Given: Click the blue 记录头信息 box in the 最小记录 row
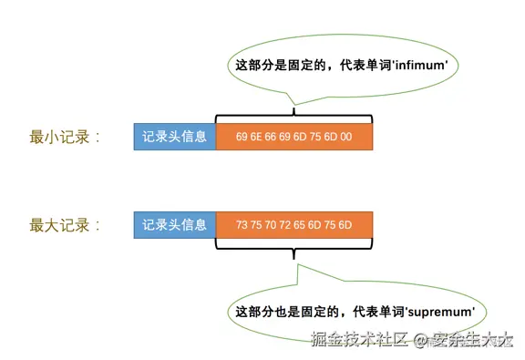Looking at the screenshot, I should (175, 138).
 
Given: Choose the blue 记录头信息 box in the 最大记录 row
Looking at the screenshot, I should (175, 223).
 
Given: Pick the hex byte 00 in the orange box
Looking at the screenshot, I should (345, 138).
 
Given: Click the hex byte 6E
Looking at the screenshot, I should (257, 138).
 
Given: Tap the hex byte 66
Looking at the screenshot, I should (272, 138).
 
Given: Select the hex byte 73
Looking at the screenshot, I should (242, 224).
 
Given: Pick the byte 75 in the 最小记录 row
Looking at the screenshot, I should (315, 138).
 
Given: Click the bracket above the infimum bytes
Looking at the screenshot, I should (294, 117).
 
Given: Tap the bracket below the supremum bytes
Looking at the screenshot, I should (294, 246).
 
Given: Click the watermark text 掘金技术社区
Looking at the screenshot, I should (355, 341).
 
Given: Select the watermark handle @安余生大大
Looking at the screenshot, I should (461, 341).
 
